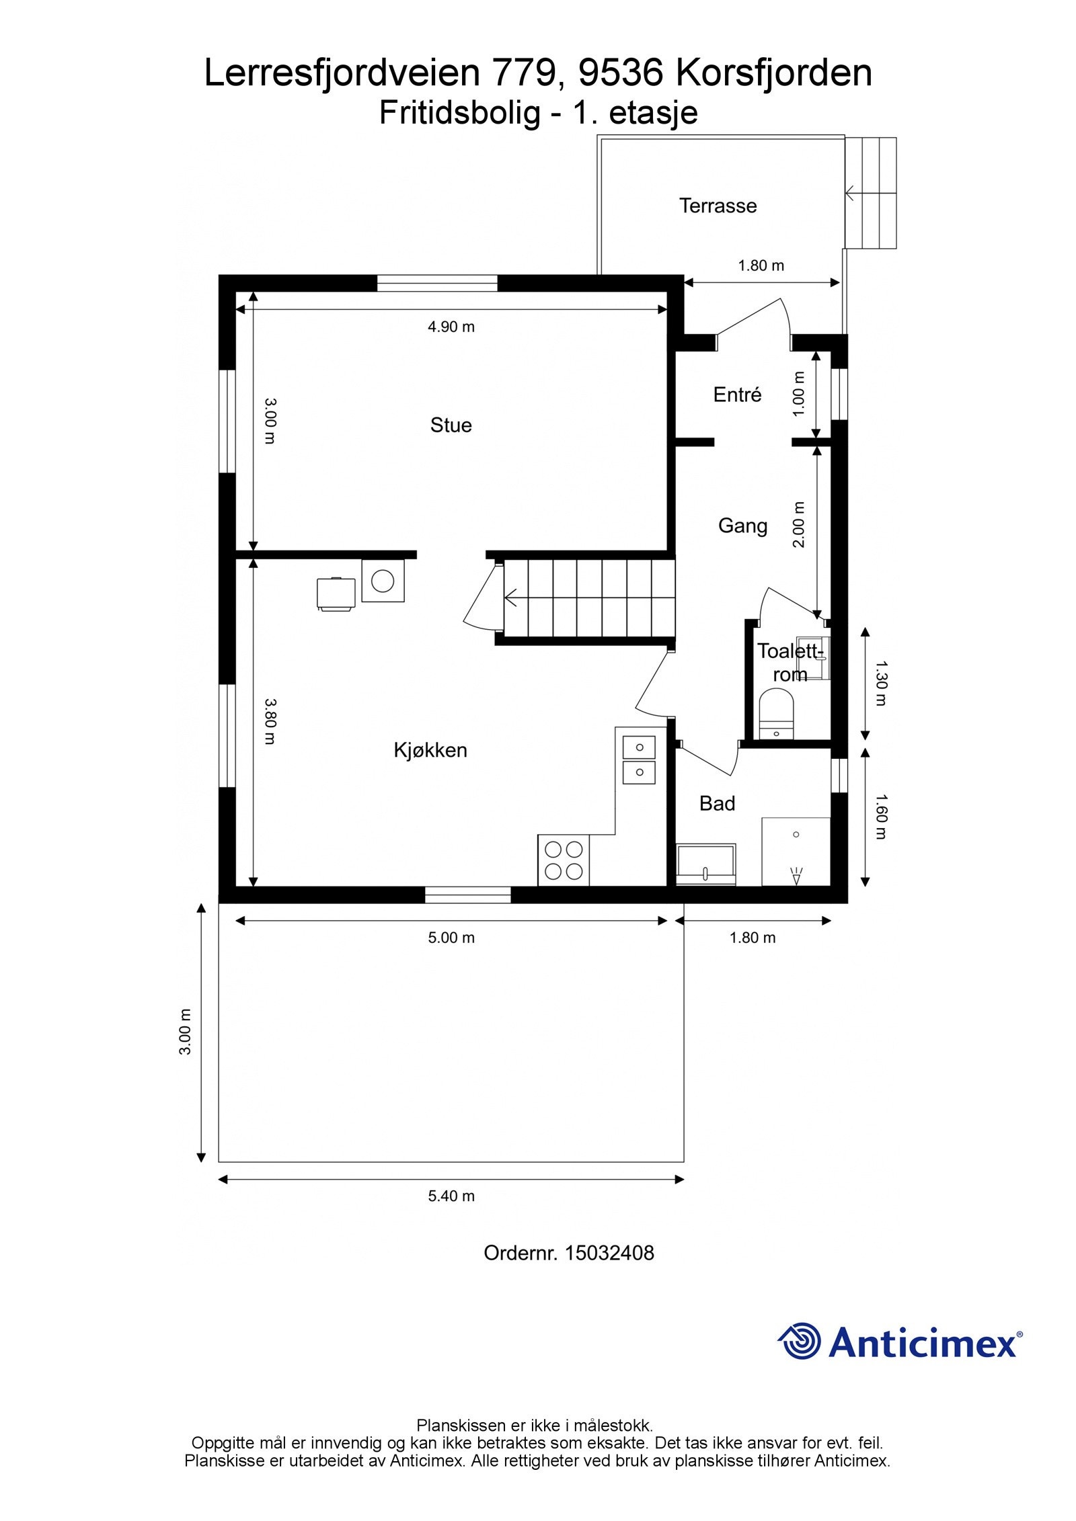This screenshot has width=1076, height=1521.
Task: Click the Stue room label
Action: pos(451,425)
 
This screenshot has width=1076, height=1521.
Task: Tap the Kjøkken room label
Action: pos(430,750)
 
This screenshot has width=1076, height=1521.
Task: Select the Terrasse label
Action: pos(718,206)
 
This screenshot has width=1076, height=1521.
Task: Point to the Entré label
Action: pos(737,395)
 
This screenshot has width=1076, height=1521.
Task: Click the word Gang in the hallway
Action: pos(742,526)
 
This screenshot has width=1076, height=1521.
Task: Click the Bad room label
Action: pos(717,804)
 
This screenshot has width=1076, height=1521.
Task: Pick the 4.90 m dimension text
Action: pos(451,327)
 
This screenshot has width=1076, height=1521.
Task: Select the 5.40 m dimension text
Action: pos(451,1196)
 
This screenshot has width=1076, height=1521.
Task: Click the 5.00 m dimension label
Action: pos(451,938)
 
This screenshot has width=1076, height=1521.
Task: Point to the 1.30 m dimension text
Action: pos(881,682)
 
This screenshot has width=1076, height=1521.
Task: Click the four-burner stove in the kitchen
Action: pos(564,860)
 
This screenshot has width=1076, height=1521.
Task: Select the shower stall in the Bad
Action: pos(796,852)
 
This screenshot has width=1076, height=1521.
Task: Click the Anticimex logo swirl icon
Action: pos(800,1341)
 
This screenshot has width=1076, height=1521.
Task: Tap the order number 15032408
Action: pos(609,1253)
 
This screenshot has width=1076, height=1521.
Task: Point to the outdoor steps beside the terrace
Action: pos(872,193)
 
